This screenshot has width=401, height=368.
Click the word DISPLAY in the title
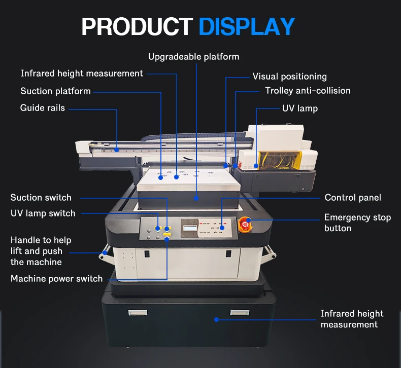[246, 26]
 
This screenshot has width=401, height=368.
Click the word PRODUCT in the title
[137, 26]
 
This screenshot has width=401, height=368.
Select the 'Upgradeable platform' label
[193, 57]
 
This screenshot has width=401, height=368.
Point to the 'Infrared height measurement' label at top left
[82, 73]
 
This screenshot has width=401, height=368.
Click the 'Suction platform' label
[55, 91]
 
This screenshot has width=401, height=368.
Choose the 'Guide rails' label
[43, 107]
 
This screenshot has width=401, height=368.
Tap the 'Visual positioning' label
[289, 77]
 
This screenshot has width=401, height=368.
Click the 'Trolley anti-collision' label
[308, 91]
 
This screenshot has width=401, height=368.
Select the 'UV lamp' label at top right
[299, 108]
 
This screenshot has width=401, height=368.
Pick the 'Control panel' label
[353, 198]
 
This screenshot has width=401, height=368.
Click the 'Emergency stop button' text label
[357, 223]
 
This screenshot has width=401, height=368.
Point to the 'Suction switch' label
[41, 198]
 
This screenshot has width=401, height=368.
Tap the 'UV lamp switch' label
[43, 213]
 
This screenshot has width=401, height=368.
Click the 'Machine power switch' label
[56, 278]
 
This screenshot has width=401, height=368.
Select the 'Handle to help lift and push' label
[41, 251]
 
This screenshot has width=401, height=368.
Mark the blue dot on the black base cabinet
[216, 319]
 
